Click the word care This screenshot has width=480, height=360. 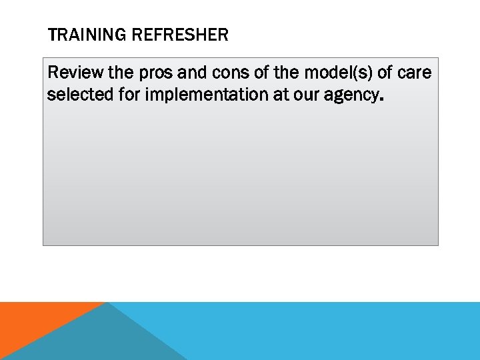[x=415, y=72]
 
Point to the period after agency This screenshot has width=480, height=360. [x=381, y=99]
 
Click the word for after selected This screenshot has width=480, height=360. [x=129, y=95]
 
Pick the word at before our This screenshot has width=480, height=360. [x=281, y=95]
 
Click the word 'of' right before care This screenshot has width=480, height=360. [x=385, y=72]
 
